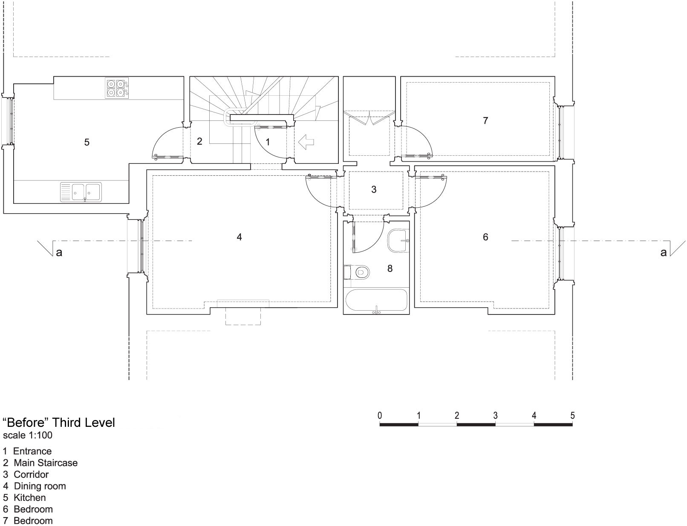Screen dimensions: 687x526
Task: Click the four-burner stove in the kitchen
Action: click(117, 88)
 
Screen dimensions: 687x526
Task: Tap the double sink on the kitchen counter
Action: click(81, 192)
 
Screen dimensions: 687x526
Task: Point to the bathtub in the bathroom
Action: click(376, 301)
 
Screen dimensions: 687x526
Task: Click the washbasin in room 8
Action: click(398, 240)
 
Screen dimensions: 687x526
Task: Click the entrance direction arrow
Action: click(306, 142)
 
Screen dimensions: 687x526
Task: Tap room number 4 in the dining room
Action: click(240, 237)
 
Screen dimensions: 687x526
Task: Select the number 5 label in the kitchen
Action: click(87, 142)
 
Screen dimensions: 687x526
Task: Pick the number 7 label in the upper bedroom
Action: click(485, 120)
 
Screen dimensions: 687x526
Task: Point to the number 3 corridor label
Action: click(374, 189)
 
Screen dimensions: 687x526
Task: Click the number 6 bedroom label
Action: click(485, 237)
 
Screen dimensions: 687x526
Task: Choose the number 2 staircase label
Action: click(199, 141)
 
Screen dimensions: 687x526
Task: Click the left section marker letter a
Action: click(59, 253)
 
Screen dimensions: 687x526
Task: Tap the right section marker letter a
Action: click(663, 253)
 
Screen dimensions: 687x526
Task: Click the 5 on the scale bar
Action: click(572, 415)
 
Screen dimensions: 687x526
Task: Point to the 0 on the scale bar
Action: click(380, 415)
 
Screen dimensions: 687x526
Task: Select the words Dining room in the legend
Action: click(40, 486)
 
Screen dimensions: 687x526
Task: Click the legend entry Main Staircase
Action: click(46, 463)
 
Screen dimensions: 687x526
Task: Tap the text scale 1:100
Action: click(28, 435)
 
